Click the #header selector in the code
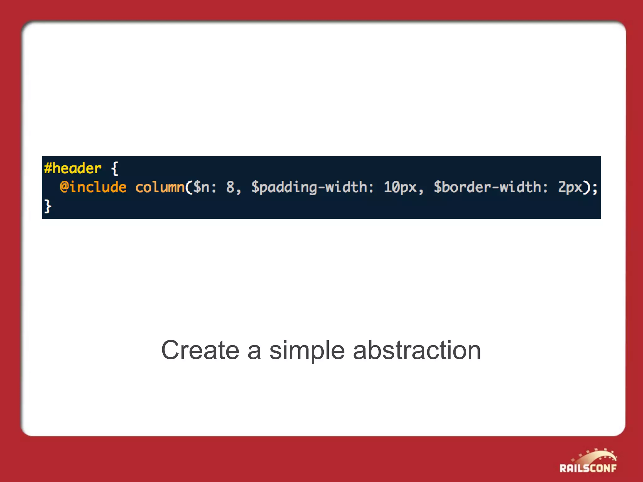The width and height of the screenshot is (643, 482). (73, 169)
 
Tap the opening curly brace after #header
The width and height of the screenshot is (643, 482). (115, 169)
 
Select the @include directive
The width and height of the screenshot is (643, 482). (93, 187)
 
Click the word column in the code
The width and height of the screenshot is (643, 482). (160, 187)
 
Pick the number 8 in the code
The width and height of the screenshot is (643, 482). (230, 187)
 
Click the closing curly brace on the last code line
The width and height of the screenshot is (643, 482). (47, 206)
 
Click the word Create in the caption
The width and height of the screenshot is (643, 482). (200, 350)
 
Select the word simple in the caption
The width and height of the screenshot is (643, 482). (307, 351)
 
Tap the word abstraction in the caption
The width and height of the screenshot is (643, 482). (417, 350)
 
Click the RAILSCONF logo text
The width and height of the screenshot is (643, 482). (588, 468)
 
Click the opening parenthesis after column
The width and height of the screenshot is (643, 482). (188, 187)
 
